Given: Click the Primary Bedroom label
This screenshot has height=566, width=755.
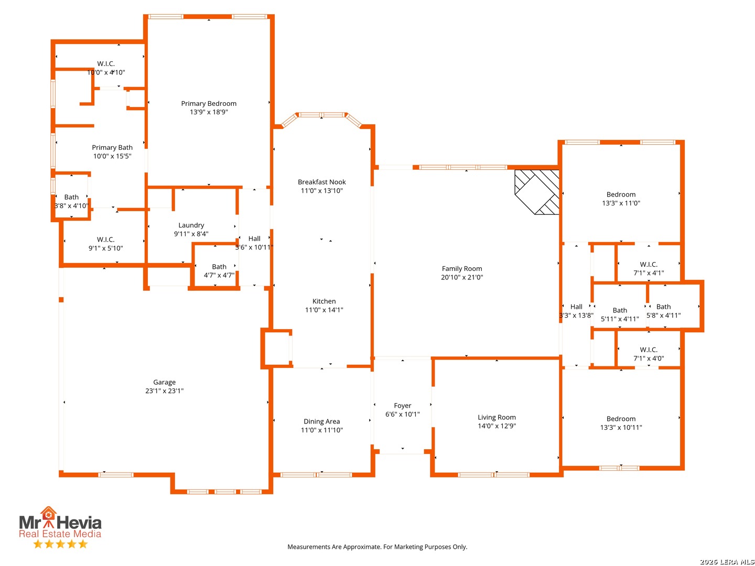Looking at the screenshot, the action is point(209,103).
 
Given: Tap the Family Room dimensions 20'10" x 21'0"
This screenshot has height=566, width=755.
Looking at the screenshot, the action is point(461,277).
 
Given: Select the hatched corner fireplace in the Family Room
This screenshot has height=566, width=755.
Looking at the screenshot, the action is point(536,192).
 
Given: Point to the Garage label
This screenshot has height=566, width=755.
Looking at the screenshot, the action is point(165,382).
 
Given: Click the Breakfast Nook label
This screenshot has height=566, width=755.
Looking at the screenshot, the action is point(321,182).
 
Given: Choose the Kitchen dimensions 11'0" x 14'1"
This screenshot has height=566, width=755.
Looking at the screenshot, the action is point(324,310).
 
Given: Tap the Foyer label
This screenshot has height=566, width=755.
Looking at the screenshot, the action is point(403,406).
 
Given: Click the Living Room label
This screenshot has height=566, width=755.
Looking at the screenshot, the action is point(497,417).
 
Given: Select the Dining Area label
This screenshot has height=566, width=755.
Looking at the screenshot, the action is point(321,421).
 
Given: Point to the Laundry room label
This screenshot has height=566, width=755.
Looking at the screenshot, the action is point(191,225).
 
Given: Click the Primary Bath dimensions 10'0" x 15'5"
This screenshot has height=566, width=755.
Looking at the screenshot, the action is point(112,156).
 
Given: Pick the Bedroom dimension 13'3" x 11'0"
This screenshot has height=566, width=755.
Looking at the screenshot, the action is point(621,203).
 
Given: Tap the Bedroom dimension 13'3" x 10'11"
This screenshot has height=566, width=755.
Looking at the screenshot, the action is point(621,428).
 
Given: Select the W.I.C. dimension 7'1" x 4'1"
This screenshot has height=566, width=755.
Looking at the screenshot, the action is point(649,273).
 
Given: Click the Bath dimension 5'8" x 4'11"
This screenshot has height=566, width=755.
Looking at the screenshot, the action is point(663,315).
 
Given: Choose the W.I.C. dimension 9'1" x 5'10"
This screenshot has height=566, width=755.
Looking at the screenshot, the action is point(105,248).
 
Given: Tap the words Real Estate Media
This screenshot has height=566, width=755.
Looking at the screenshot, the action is point(60,534).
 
